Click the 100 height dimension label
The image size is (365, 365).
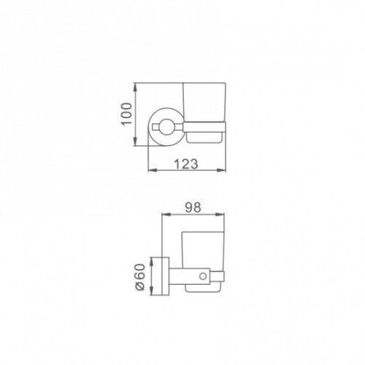[x=126, y=114]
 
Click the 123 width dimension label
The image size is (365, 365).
[x=186, y=164]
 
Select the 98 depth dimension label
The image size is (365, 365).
[x=193, y=207]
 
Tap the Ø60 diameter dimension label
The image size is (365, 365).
[x=140, y=277]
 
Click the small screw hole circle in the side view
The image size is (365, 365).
[x=203, y=276]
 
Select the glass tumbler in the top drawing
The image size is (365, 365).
[x=204, y=102]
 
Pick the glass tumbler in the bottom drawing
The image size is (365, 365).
[x=203, y=250]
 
